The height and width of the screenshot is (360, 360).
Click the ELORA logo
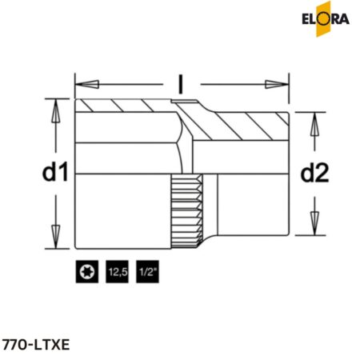[327, 17]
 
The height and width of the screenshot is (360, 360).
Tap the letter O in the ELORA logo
[326, 17]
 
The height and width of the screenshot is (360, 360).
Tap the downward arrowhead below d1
[56, 238]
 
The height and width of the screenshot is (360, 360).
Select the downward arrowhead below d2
[314, 226]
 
